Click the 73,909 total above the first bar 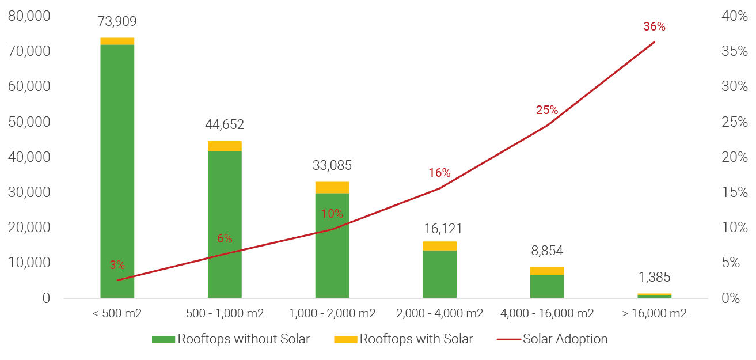point(117,22)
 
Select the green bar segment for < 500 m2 point(117,173)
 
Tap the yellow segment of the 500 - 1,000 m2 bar point(225,145)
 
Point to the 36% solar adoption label point(654,26)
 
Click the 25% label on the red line point(546,110)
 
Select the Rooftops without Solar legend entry point(231,339)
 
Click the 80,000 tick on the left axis point(29,16)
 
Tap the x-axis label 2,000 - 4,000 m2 point(439,314)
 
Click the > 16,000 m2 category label point(654,314)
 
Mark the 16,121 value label point(440,229)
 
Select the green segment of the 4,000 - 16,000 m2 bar point(547,286)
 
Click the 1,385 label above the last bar point(654,277)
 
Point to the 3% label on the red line point(117,265)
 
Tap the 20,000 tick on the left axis point(29,228)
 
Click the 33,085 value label point(332,166)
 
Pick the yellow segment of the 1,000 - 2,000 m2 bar point(332,187)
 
